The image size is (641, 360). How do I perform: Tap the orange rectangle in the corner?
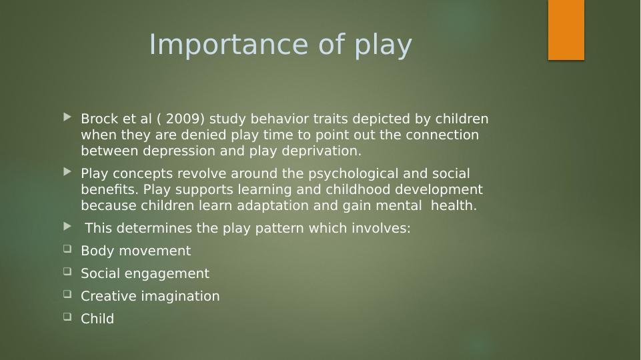coord(566,30)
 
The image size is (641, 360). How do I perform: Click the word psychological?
coord(354,174)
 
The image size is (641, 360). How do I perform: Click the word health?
coord(454,205)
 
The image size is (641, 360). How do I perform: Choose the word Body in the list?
coord(97,251)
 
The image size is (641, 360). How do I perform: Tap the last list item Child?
coord(97,319)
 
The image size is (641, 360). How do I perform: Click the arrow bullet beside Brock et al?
coord(67,118)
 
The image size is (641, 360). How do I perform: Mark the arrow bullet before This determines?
coord(67,227)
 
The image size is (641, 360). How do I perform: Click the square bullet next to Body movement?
coord(67,249)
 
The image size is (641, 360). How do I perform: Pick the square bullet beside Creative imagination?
coord(67,294)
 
